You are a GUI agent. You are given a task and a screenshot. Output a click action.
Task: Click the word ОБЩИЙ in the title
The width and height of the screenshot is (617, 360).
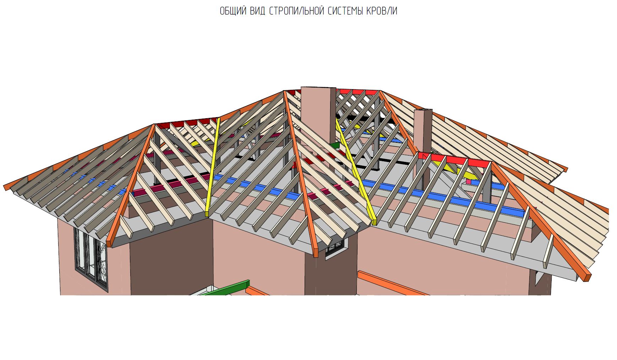233,11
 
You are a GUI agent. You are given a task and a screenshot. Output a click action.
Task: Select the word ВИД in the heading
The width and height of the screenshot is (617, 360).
257,11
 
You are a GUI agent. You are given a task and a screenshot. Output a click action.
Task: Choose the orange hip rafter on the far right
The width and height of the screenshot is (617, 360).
541,220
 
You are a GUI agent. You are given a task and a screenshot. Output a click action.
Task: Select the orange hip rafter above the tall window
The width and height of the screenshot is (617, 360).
131,185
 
